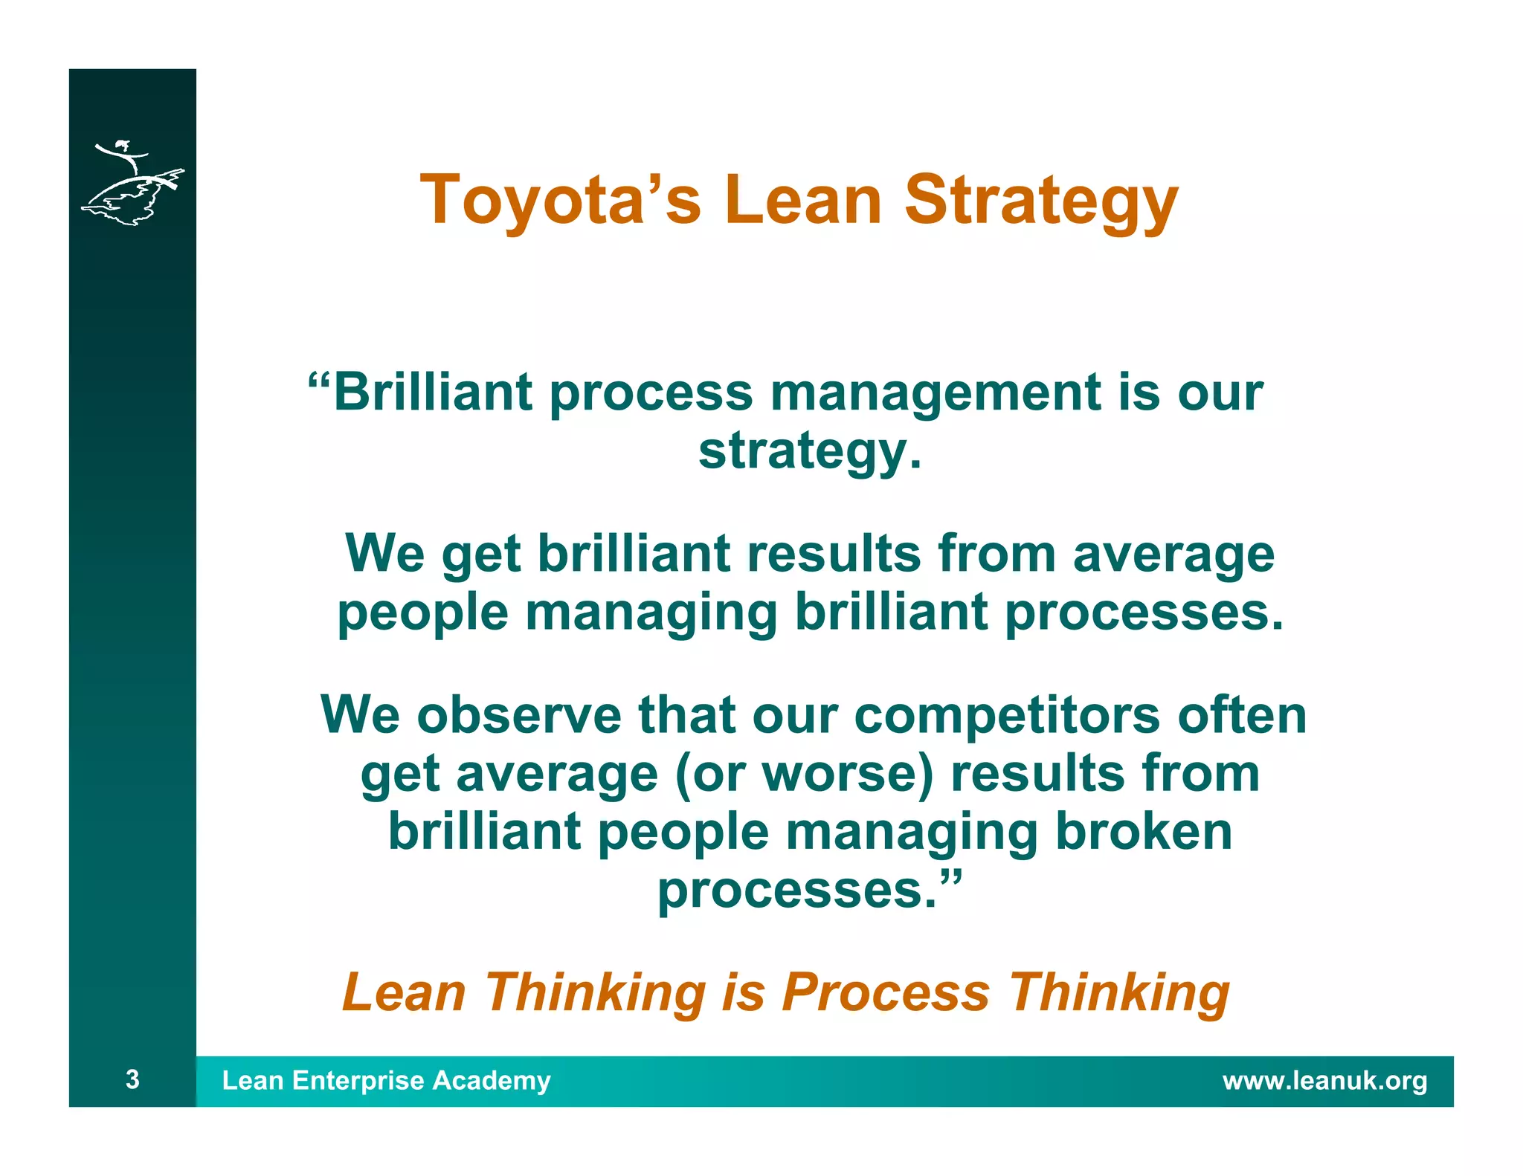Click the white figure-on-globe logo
click(x=132, y=183)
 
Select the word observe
click(x=518, y=715)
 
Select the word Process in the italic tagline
click(x=885, y=993)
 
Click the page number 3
click(x=132, y=1079)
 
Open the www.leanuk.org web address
click(x=1324, y=1081)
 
